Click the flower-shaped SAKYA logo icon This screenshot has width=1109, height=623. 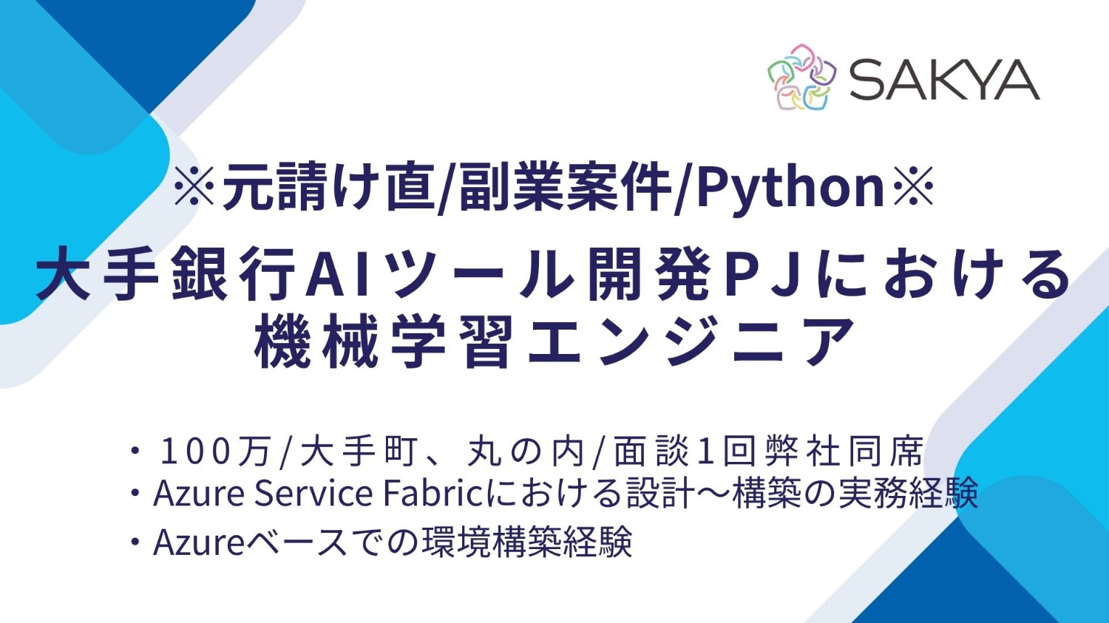click(801, 77)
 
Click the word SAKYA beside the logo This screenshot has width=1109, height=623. click(943, 79)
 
